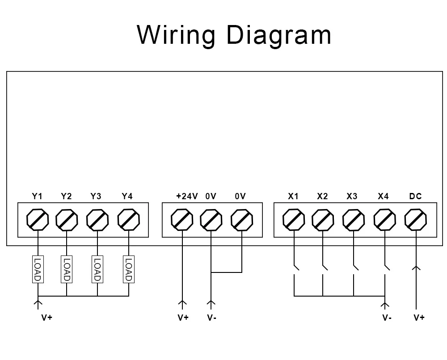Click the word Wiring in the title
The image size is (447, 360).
coord(176,35)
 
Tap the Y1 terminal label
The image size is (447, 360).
coord(37,196)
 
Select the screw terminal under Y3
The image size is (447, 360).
coord(97,220)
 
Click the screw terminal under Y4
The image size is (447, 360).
coord(129,220)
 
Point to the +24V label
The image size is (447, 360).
coord(187,196)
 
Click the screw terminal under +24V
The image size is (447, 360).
coord(182,220)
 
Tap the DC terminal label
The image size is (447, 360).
coord(415,196)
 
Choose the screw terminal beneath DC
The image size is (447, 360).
coord(416,220)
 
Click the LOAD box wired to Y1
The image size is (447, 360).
coord(38,269)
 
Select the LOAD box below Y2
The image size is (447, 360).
coord(67,269)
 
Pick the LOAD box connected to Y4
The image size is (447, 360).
coord(129,269)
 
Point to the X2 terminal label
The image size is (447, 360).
coord(322,196)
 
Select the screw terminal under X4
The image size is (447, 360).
coord(385,220)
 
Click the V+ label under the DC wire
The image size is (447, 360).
coord(419,318)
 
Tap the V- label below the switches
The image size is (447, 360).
coord(387,318)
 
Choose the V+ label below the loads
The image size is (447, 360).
coord(47,318)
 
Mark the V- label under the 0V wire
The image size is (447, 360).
coord(212,318)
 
